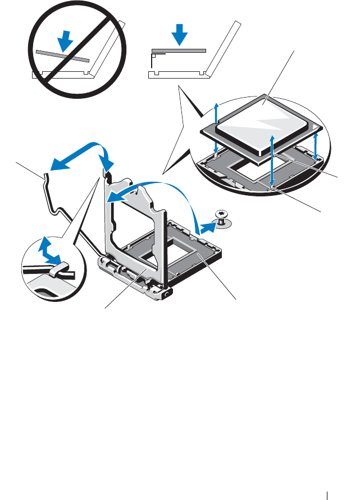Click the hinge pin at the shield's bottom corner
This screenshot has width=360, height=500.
point(168,292)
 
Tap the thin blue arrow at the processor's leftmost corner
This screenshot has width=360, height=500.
point(216,112)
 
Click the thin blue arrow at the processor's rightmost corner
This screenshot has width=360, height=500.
point(317,145)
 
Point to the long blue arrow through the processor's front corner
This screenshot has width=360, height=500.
point(272,160)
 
